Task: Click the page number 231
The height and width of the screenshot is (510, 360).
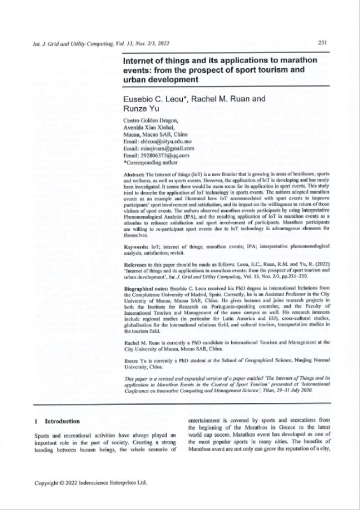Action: pyautogui.click(x=323, y=42)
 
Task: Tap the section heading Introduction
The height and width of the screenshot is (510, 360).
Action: pyautogui.click(x=62, y=421)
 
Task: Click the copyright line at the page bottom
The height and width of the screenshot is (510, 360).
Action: pyautogui.click(x=91, y=483)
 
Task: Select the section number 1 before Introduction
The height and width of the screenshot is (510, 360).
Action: pyautogui.click(x=36, y=421)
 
